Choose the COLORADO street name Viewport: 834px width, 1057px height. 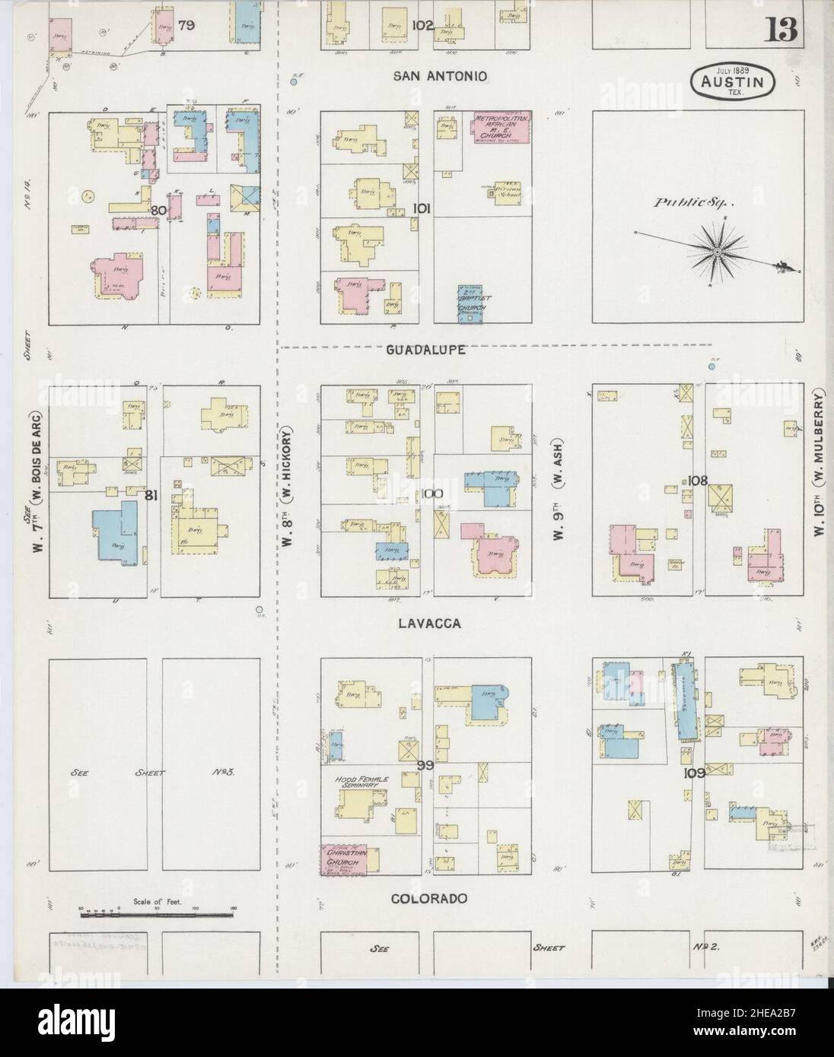(x=428, y=898)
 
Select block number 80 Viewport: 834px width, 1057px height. (x=158, y=211)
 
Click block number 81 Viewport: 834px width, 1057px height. (x=151, y=496)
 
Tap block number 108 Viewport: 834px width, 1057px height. (x=697, y=481)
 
